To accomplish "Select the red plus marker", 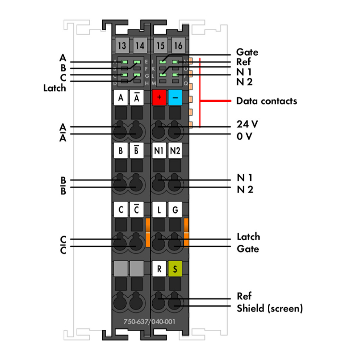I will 159,98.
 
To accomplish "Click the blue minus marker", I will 176,98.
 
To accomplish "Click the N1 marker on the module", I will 159,151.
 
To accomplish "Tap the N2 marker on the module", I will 176,151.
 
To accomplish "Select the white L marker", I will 159,210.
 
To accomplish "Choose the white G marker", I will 176,210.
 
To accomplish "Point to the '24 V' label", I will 248,124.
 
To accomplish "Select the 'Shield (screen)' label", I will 270,308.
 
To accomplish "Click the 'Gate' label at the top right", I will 247,52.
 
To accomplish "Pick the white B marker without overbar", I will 121,151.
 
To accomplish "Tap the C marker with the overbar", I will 137,210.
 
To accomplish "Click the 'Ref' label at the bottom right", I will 244,296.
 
